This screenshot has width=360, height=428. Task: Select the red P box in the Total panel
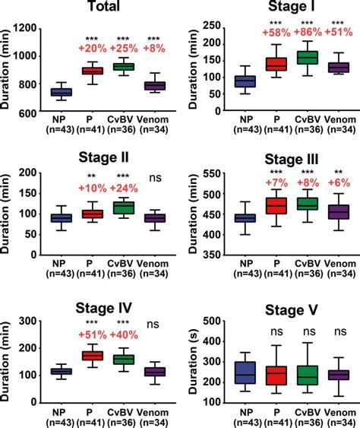(x=93, y=71)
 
